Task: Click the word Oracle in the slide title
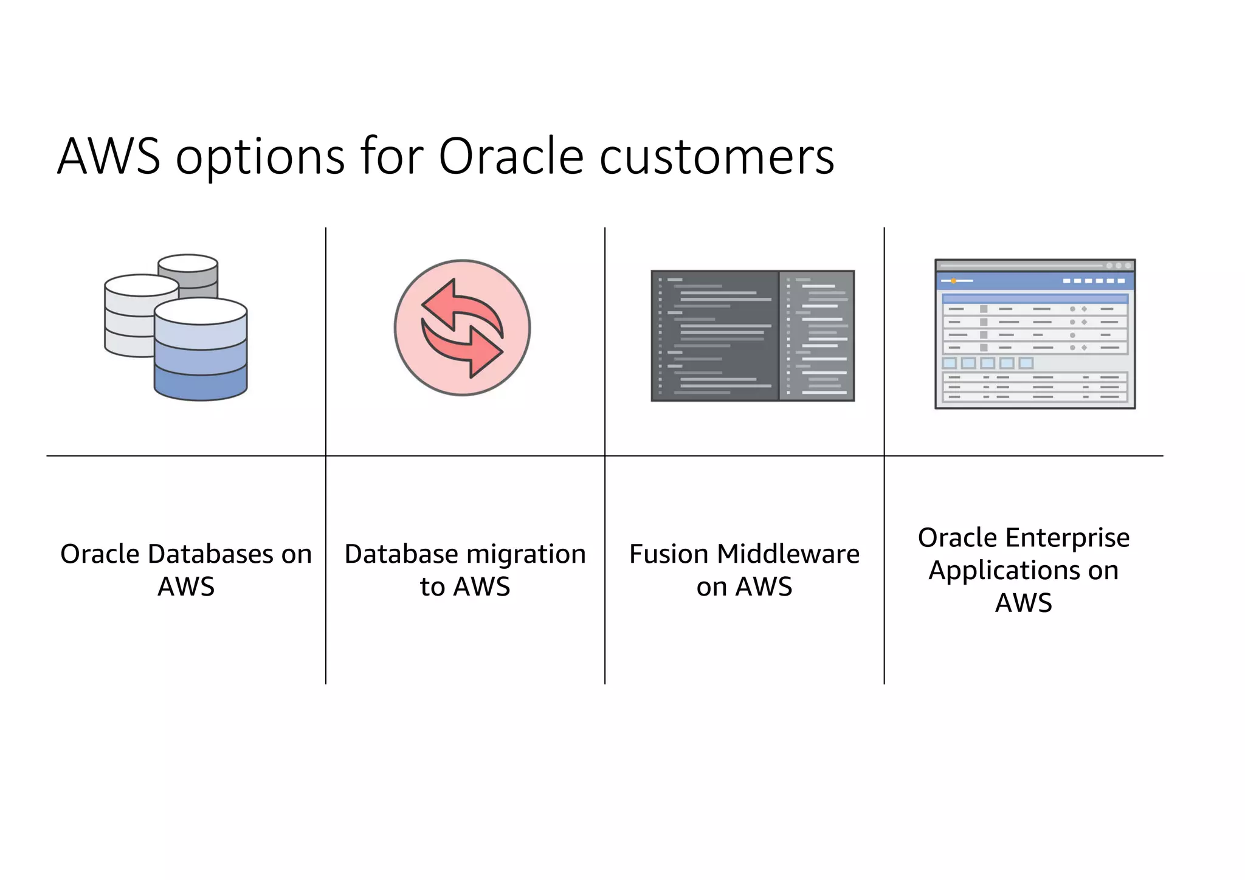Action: pyautogui.click(x=511, y=156)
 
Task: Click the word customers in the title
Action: pyautogui.click(x=717, y=156)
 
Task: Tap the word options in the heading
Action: pyautogui.click(x=260, y=156)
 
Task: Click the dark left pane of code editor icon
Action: pyautogui.click(x=714, y=335)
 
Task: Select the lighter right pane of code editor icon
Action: pyautogui.click(x=816, y=335)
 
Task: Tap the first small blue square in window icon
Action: pyautogui.click(x=950, y=363)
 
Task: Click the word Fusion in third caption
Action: pyautogui.click(x=669, y=554)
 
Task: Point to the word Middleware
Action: pyautogui.click(x=788, y=554)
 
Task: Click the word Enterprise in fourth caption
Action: pyautogui.click(x=1067, y=537)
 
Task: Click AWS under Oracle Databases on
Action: pyautogui.click(x=186, y=586)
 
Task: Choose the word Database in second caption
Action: pyautogui.click(x=401, y=554)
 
